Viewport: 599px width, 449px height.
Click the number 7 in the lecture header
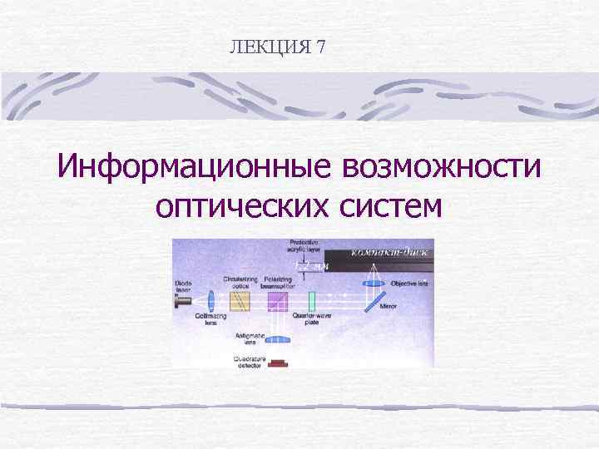[320, 47]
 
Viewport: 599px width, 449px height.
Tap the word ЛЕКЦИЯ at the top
[270, 47]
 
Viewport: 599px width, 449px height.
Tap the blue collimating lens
[213, 299]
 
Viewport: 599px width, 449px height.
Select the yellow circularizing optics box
[240, 299]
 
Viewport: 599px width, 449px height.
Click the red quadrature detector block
[277, 363]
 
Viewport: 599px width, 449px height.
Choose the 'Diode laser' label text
[182, 286]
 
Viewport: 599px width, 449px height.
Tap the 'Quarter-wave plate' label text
[312, 318]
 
